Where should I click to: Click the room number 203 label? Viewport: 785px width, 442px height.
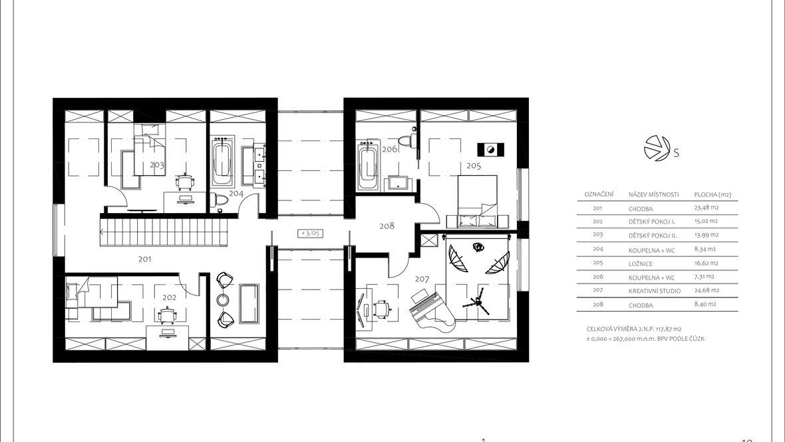pos(157,165)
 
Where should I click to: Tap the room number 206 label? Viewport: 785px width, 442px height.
pos(389,149)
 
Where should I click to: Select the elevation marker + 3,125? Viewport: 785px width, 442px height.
pos(311,233)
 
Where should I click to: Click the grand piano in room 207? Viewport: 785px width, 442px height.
pos(432,311)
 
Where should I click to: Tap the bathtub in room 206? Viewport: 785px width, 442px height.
pos(368,165)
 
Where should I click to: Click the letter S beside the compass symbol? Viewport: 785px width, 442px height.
pos(677,154)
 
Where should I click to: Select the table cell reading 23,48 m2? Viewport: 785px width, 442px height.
pos(706,208)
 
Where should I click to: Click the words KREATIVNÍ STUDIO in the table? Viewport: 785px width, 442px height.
pos(655,291)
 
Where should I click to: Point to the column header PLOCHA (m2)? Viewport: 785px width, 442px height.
pos(712,194)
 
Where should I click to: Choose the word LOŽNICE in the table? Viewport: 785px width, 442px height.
pos(641,263)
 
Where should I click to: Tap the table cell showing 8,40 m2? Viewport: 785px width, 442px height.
pos(705,304)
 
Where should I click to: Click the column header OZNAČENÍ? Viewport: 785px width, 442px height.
pos(599,194)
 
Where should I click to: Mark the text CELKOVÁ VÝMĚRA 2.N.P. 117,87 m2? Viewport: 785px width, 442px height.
pos(634,330)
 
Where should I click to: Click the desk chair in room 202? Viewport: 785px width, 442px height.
pos(168,316)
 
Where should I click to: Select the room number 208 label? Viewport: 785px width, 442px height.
pos(387,226)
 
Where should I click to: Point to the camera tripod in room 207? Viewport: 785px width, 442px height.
pos(476,302)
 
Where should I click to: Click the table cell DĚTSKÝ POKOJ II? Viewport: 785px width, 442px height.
pos(653,236)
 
